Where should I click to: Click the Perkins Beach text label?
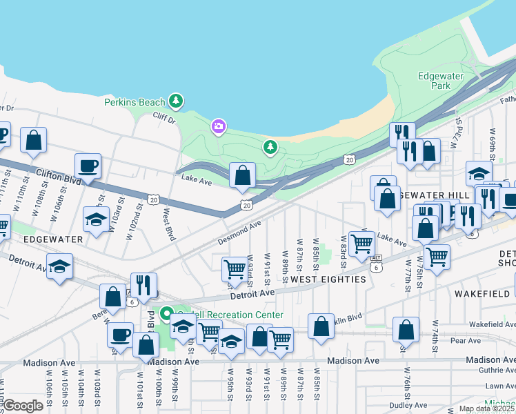click(x=135, y=102)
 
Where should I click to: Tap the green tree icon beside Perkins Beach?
click(x=177, y=101)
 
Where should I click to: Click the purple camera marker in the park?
click(x=219, y=126)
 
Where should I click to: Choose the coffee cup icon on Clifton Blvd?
click(x=88, y=166)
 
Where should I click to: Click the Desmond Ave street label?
click(x=239, y=233)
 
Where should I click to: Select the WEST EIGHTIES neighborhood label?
click(x=328, y=279)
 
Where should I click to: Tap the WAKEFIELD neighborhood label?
click(x=482, y=293)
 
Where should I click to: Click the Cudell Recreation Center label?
click(x=230, y=315)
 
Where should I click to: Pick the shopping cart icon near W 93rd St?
click(x=235, y=269)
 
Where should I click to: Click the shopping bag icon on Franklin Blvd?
click(x=321, y=326)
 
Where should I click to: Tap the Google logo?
click(x=24, y=406)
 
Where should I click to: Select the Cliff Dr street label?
click(x=164, y=118)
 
